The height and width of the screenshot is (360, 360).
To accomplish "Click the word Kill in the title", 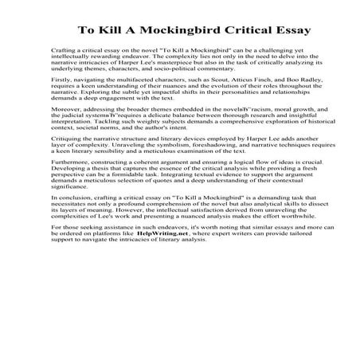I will [x=116, y=33].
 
